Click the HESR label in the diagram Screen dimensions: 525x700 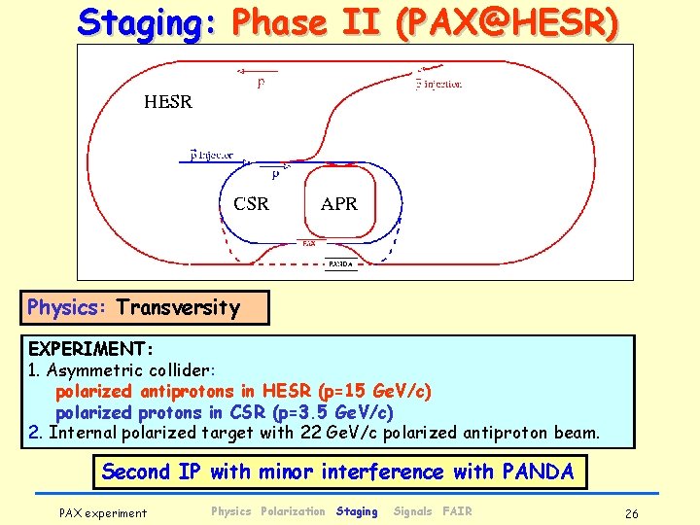click(168, 101)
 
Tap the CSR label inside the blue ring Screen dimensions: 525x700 click(251, 204)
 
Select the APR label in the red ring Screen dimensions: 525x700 click(339, 204)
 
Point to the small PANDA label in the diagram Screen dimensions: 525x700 click(340, 263)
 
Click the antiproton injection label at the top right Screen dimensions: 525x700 click(438, 85)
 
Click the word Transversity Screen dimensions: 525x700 click(178, 308)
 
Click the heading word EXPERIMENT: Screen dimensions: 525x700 click(85, 348)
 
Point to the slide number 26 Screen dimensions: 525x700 click(632, 512)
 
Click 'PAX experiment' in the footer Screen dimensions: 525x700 click(103, 512)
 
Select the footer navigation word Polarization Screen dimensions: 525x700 click(293, 511)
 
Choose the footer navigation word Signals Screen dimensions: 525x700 click(412, 511)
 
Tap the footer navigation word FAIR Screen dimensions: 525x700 click(457, 511)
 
